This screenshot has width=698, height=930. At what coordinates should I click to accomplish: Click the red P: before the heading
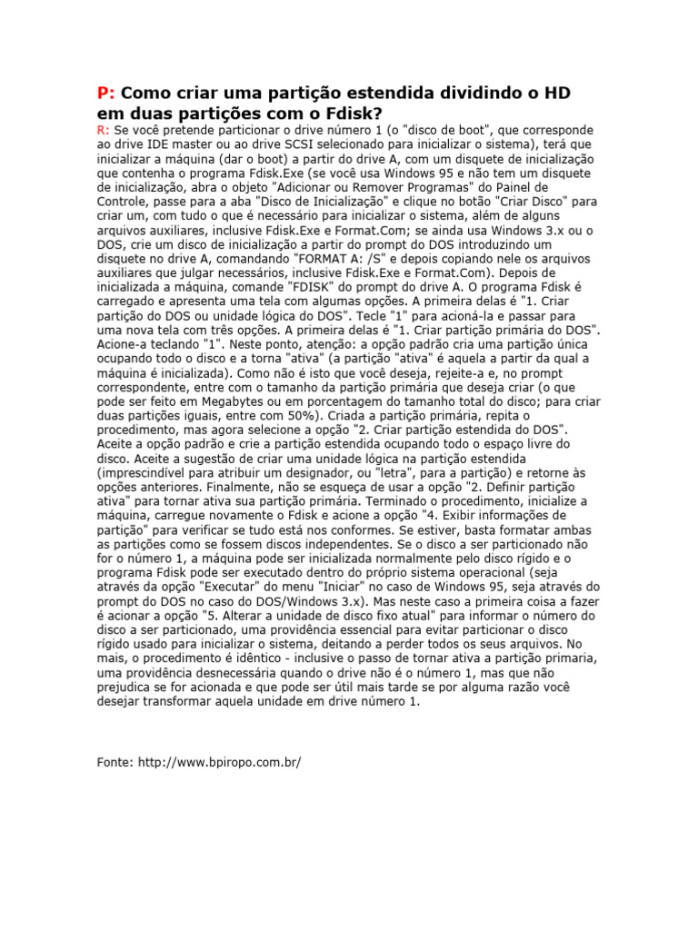[x=106, y=94]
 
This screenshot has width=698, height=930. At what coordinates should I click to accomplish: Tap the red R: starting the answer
[x=104, y=131]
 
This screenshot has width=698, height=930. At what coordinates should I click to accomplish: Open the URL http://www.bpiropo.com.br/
[x=219, y=762]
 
